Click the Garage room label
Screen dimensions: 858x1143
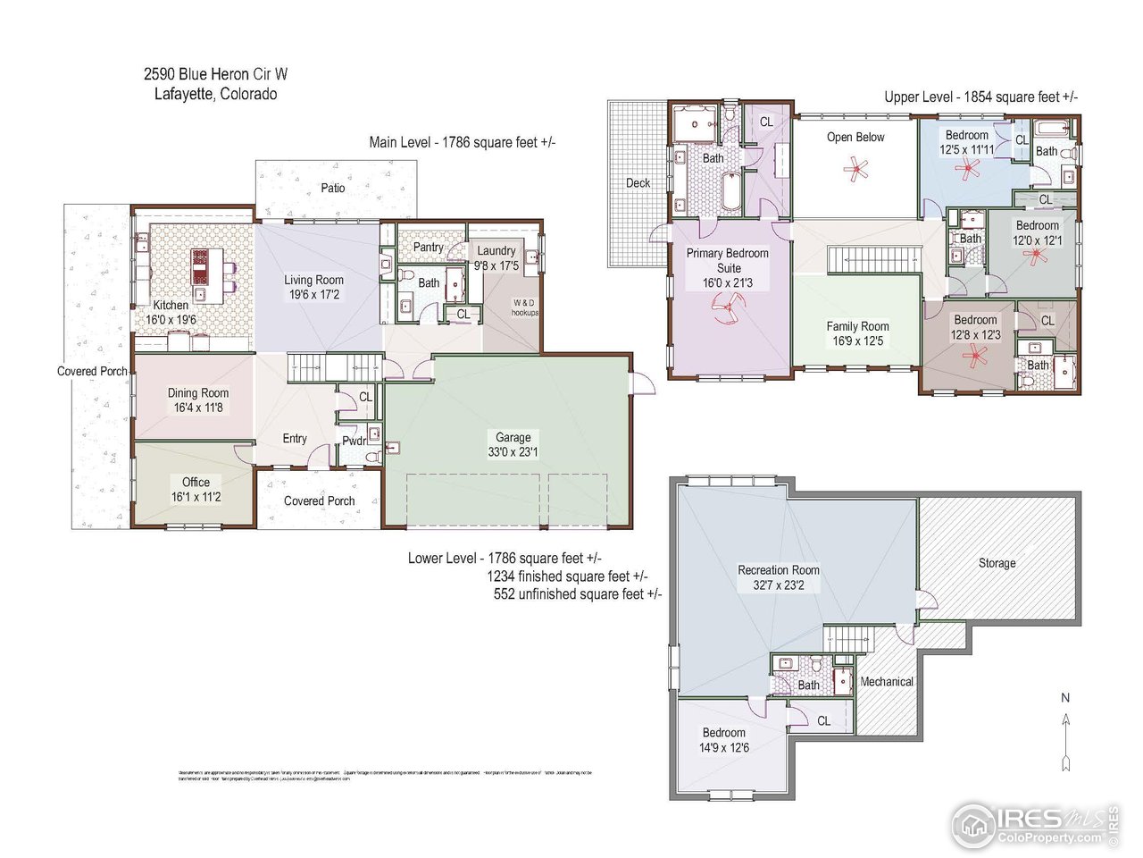tap(513, 437)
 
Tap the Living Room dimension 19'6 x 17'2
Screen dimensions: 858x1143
tap(313, 294)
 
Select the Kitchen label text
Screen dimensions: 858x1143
tap(171, 305)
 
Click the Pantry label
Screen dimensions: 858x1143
tap(428, 247)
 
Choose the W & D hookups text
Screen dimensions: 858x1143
tap(524, 307)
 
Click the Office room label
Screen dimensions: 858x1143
tap(196, 482)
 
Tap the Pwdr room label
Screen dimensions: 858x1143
tap(354, 441)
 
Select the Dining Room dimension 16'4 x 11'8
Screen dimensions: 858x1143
tap(197, 408)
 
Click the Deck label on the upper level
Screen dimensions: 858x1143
tap(638, 182)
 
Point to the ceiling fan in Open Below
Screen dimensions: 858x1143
tap(857, 170)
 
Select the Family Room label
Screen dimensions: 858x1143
tap(857, 326)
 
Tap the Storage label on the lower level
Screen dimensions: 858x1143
tap(997, 563)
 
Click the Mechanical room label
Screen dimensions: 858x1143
tap(886, 681)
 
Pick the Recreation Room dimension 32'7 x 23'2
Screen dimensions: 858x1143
tap(778, 585)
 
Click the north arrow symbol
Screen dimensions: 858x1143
tap(1065, 733)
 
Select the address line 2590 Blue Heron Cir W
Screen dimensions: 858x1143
tap(216, 75)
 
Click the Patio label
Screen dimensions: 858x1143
tap(333, 188)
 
